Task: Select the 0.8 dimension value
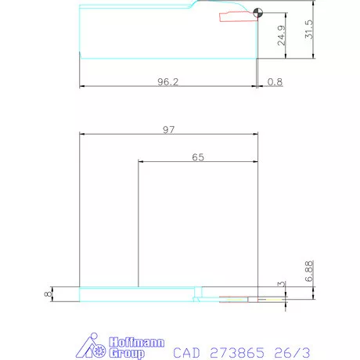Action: click(x=275, y=81)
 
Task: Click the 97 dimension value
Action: click(x=169, y=130)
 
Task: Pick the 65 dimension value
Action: click(x=198, y=157)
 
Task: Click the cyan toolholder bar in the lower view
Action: click(x=137, y=294)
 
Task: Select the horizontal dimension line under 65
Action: click(x=198, y=163)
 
